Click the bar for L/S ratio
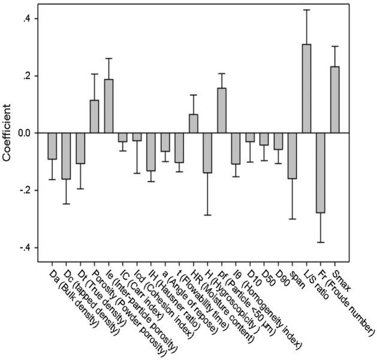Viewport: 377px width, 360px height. [307, 89]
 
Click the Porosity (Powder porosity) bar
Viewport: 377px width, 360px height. [94, 116]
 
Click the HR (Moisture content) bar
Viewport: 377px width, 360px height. [194, 123]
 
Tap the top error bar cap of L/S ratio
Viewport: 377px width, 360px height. [307, 10]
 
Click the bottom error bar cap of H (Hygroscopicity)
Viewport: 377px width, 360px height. [207, 214]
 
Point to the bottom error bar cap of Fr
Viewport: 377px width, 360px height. [321, 242]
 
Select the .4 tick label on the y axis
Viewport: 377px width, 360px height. [26, 19]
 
